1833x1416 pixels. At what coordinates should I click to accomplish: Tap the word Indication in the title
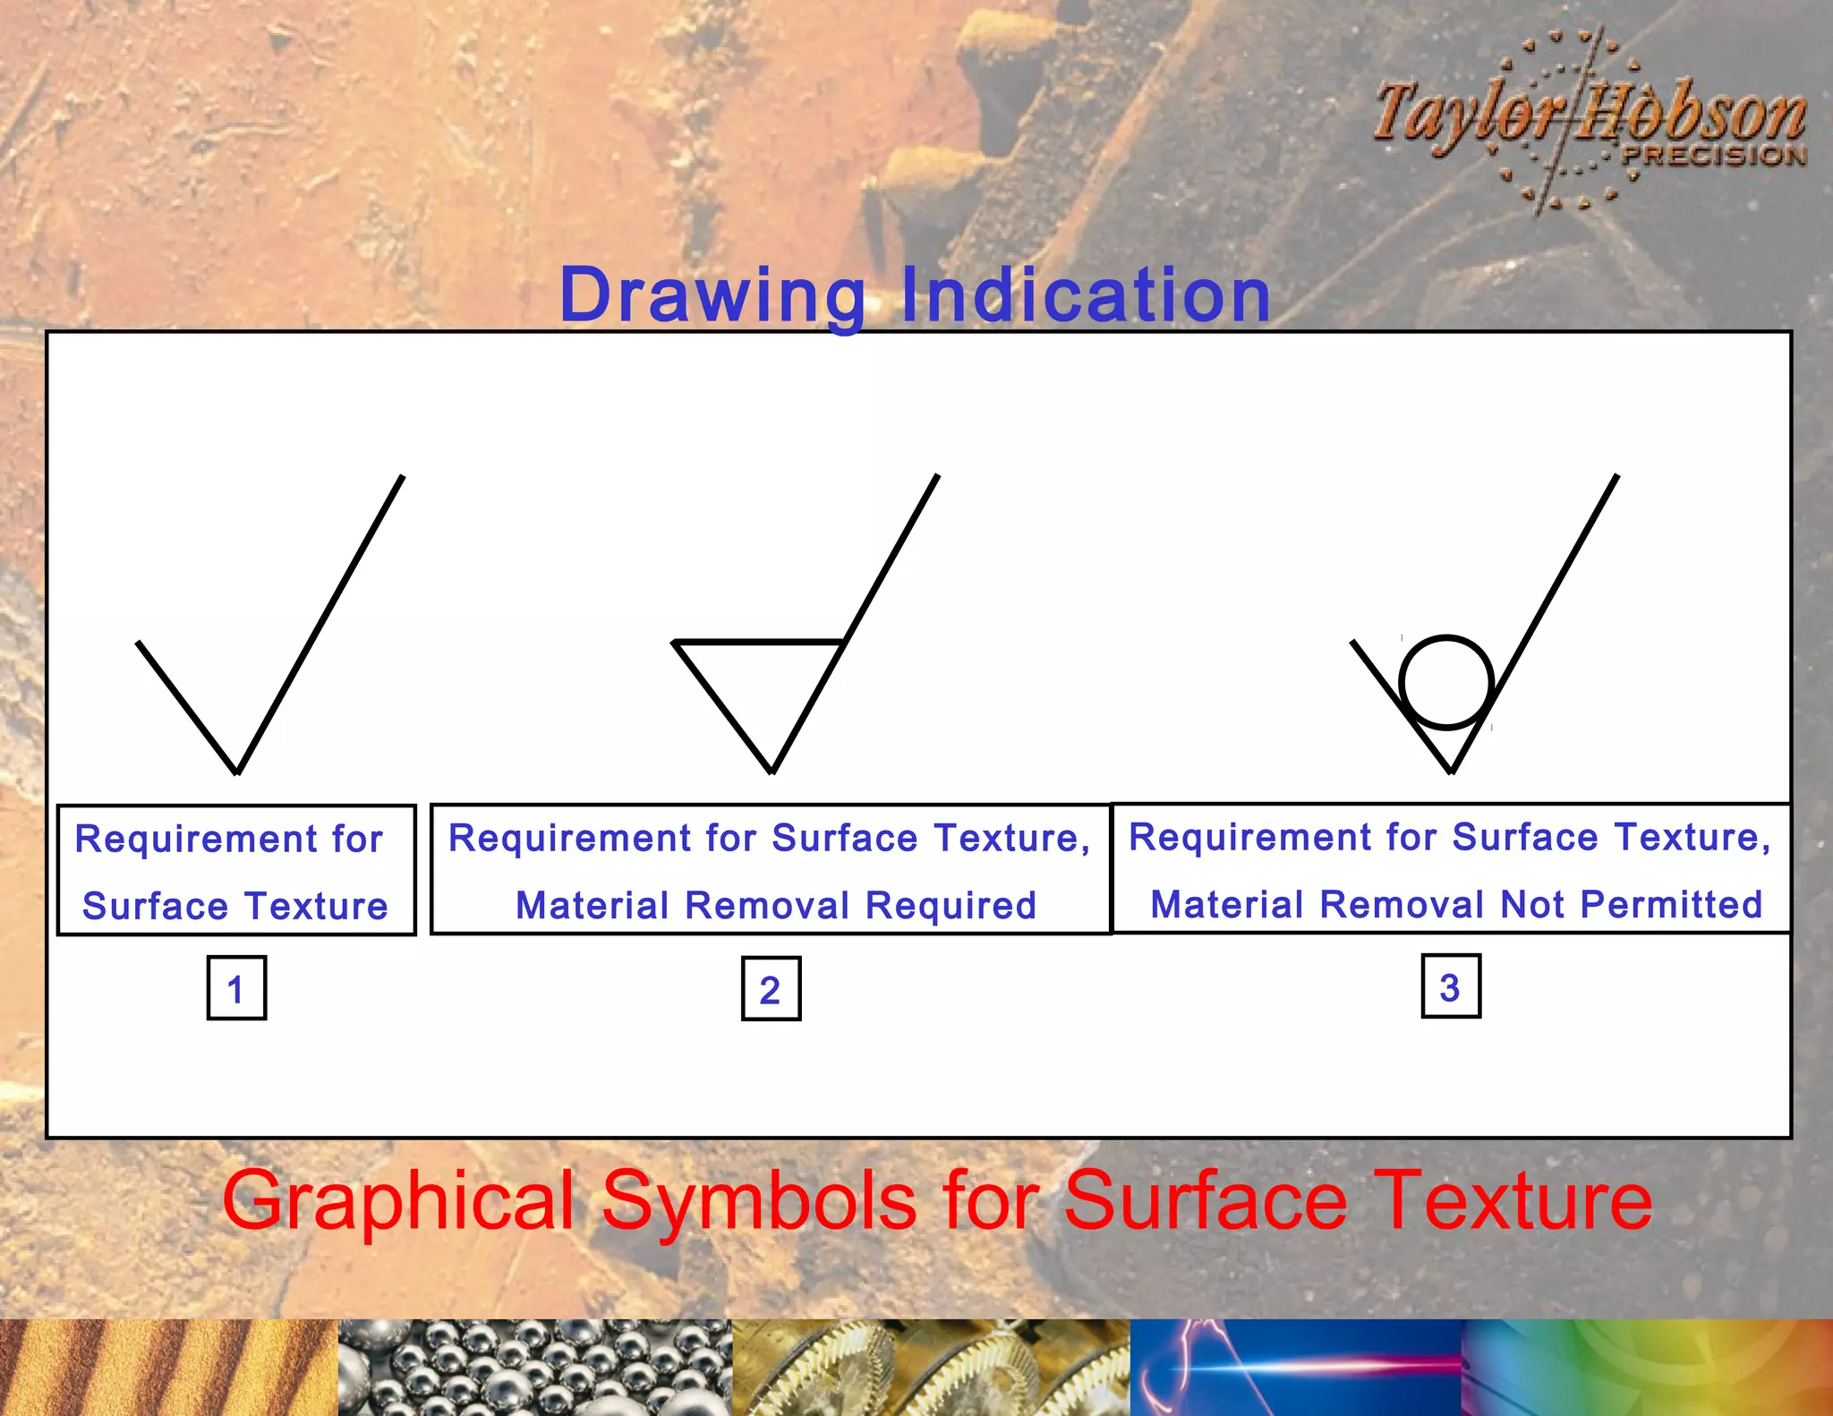[x=1085, y=295]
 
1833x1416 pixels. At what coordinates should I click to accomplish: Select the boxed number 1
[x=236, y=988]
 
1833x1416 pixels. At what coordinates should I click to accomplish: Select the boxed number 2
[x=771, y=989]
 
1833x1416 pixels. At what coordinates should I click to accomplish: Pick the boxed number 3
[x=1450, y=986]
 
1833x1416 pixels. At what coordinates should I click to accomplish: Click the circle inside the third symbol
[x=1446, y=682]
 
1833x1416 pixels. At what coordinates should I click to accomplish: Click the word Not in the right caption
[x=1532, y=905]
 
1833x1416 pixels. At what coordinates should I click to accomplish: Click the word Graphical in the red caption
[x=397, y=1201]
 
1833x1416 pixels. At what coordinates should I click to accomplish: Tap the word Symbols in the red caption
[x=759, y=1201]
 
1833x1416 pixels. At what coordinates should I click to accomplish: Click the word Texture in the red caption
[x=1513, y=1201]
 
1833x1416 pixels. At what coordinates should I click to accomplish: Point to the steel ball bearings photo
[x=534, y=1368]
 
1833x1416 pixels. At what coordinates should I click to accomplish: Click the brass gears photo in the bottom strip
[x=931, y=1368]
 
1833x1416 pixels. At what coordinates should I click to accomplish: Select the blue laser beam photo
[x=1295, y=1368]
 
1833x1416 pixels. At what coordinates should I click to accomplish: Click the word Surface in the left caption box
[x=155, y=907]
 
